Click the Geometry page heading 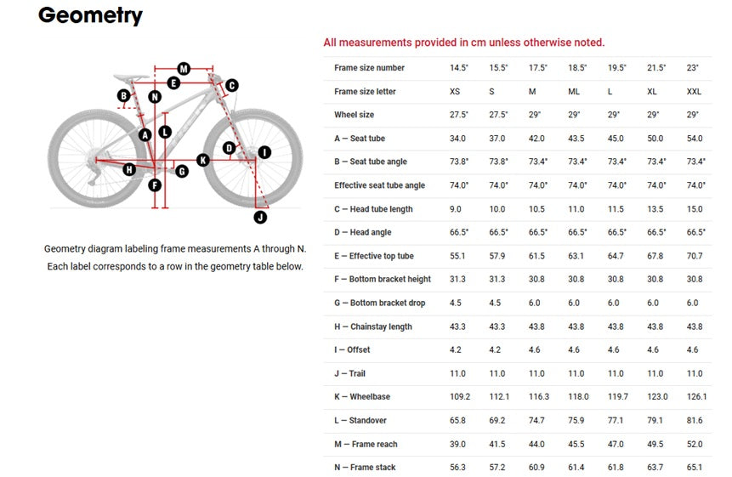click(91, 15)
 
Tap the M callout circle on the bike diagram click(184, 69)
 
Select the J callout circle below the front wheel click(260, 217)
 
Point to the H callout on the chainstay click(129, 169)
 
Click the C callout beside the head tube click(231, 85)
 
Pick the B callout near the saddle click(124, 96)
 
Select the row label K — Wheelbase click(362, 397)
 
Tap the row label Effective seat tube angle click(379, 185)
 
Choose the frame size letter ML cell click(574, 92)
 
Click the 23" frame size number click(692, 68)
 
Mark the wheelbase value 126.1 click(696, 397)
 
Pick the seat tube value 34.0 click(457, 139)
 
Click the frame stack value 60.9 click(536, 467)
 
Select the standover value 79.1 click(655, 421)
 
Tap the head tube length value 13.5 click(655, 209)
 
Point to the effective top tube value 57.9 click(497, 256)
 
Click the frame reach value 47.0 click(616, 445)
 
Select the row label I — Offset click(352, 349)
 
